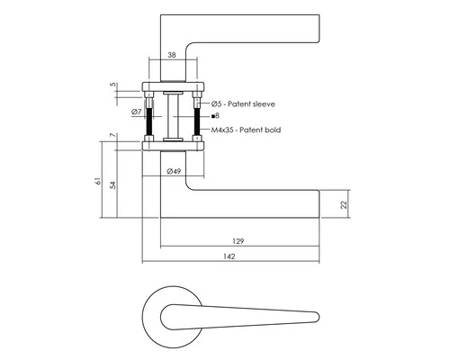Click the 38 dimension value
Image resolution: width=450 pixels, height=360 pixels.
(172, 55)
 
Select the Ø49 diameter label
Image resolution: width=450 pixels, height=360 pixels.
(174, 171)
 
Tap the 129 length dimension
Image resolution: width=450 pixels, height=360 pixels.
(238, 241)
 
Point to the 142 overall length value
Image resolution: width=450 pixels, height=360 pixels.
(229, 256)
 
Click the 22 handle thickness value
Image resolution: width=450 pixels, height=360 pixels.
(344, 204)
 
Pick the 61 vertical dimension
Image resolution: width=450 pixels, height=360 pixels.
(98, 181)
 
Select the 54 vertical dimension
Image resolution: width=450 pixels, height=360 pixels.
(112, 185)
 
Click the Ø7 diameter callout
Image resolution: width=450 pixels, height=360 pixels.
(136, 112)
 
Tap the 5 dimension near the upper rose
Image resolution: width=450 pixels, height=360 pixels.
(112, 85)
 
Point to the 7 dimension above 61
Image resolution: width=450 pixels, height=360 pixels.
(112, 135)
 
